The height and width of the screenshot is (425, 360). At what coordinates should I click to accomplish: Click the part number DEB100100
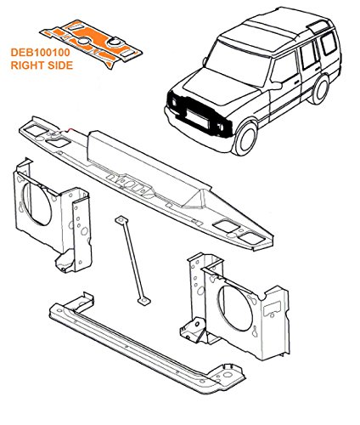coord(40,53)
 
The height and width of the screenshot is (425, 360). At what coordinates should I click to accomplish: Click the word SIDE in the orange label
coord(59,65)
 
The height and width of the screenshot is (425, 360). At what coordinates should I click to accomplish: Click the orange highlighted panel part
coord(91,43)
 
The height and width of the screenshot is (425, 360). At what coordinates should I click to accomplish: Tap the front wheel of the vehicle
coord(245,139)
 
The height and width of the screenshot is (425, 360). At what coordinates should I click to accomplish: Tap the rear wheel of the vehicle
coord(321,89)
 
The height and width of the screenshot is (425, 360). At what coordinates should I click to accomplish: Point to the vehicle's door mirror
coord(276,86)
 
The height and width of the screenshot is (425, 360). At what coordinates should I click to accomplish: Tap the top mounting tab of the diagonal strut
coord(121,220)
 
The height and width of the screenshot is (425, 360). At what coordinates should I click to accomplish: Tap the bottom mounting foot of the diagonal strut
coord(143,301)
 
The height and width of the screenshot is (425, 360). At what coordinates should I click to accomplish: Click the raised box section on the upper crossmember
coord(147,167)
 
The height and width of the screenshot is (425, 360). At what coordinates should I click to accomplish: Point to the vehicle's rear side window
coord(329,43)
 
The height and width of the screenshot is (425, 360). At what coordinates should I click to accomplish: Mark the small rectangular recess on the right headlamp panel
coord(272,309)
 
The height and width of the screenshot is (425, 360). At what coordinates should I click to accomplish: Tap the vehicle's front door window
coord(284,70)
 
